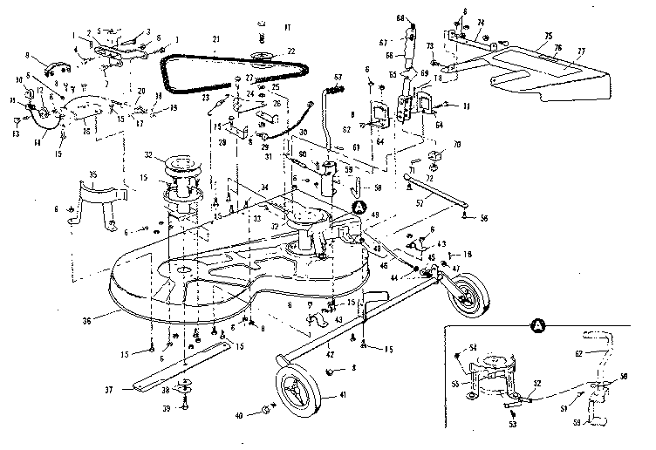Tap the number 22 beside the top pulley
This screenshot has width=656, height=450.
point(290,51)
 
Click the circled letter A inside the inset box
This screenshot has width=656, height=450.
point(536,327)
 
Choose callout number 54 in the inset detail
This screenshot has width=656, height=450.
point(474,348)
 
